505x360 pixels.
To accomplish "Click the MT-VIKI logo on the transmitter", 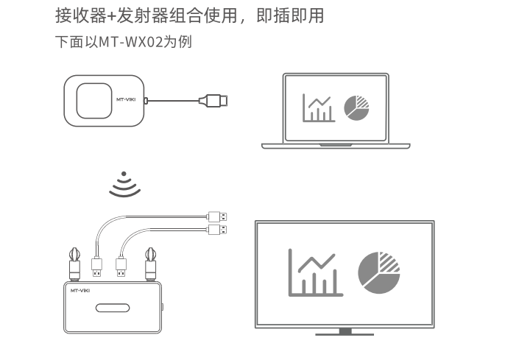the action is (x=126, y=99).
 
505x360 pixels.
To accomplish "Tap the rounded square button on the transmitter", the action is (x=94, y=101).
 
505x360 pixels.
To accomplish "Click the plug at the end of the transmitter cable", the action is (x=213, y=101).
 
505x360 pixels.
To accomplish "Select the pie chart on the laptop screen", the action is (x=356, y=108).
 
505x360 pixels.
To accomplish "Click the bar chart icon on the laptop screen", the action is (x=319, y=108).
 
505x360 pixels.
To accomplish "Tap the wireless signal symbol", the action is (x=124, y=184).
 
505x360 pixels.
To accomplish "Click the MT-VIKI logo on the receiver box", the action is (x=80, y=291).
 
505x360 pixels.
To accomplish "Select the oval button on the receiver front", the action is (x=113, y=308).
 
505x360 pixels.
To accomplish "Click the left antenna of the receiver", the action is (x=74, y=264).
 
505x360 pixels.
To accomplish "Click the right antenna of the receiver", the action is (x=150, y=264).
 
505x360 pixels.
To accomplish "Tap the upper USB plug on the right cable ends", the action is (x=217, y=216).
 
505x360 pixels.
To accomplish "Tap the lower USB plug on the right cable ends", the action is (x=217, y=230).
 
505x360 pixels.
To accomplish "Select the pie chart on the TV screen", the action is (x=378, y=272).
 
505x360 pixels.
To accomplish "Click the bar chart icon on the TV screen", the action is (x=316, y=272).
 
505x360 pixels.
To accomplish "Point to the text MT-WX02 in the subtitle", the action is (x=131, y=42).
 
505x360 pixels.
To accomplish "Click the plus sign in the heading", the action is (x=111, y=16).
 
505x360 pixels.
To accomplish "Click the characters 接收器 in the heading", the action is (x=80, y=15).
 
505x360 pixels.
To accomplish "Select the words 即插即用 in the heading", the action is (x=290, y=15).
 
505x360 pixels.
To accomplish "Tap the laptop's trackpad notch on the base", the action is (x=336, y=145).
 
